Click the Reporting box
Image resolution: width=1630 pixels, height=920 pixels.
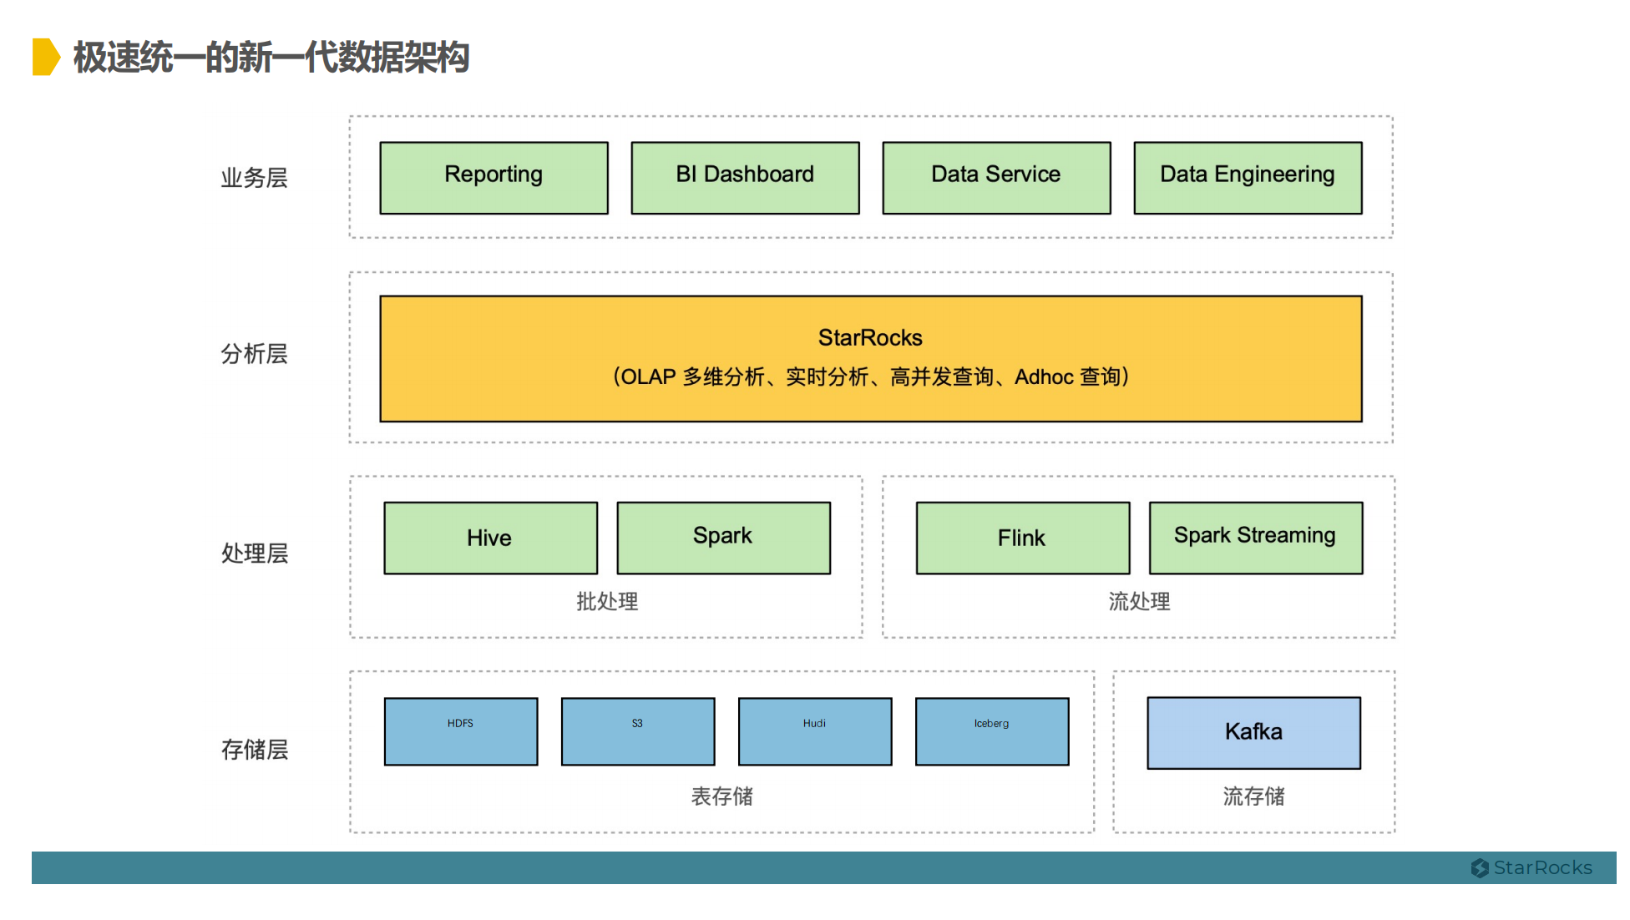(x=494, y=178)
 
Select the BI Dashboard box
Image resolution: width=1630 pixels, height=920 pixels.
(x=745, y=178)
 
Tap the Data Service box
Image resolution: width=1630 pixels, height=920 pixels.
(x=996, y=178)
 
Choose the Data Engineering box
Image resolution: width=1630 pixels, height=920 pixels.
(x=1248, y=178)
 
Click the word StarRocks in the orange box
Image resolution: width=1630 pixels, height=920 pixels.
(x=870, y=337)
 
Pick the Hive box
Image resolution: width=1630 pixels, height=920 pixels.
(x=491, y=538)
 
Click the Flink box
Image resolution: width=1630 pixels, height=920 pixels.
(x=1023, y=538)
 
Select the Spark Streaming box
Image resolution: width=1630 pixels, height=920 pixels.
(x=1256, y=538)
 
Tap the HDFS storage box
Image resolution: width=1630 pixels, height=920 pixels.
(x=461, y=731)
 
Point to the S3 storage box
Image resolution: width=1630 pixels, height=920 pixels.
(x=638, y=731)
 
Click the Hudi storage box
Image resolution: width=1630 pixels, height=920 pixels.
(x=815, y=731)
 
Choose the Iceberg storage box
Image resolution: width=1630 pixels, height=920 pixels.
(x=992, y=731)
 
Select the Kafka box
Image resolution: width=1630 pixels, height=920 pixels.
(x=1253, y=733)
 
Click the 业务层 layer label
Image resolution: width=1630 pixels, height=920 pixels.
(x=254, y=178)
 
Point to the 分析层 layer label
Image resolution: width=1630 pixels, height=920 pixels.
(x=254, y=354)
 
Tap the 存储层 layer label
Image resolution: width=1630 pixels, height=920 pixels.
(x=255, y=750)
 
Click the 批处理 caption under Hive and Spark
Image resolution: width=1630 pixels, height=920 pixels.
(x=607, y=601)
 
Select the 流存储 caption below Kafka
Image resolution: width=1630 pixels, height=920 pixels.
(x=1253, y=796)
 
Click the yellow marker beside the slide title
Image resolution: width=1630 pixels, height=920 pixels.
(x=46, y=57)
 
